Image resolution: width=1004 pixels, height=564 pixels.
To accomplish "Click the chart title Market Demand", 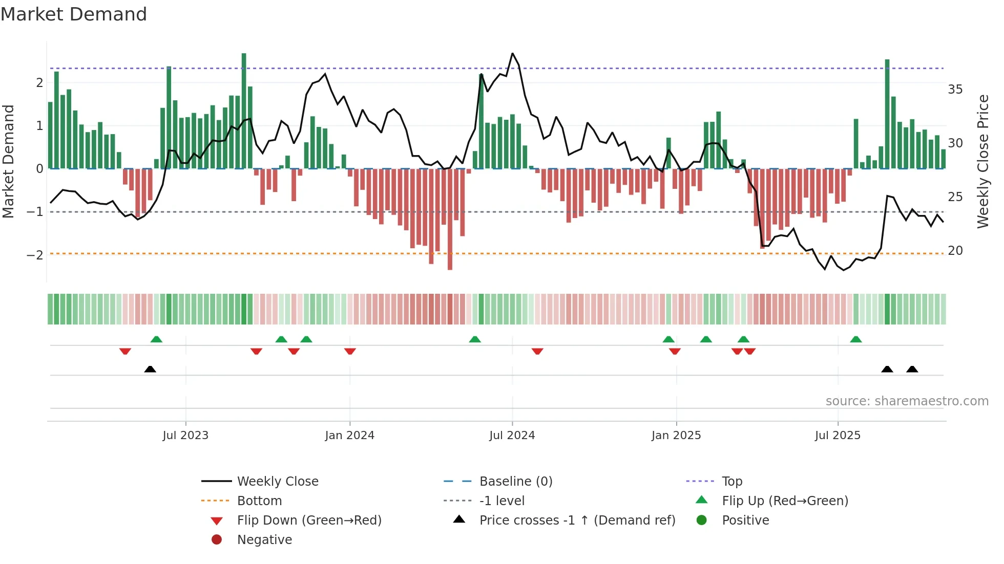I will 74,14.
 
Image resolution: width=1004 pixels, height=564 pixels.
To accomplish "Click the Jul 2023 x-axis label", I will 185,436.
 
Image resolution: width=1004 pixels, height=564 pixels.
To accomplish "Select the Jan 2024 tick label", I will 349,436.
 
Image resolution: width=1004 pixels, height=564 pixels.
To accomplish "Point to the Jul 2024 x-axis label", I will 512,436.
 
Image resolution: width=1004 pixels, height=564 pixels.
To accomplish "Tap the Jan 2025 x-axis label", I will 676,436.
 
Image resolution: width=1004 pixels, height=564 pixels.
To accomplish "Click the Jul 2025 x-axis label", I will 838,436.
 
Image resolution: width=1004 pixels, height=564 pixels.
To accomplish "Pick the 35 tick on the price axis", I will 955,90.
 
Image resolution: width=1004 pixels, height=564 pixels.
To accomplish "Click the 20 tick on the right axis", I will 955,251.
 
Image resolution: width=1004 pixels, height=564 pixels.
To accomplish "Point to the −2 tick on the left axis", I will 35,255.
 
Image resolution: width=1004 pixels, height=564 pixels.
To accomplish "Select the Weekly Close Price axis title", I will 982,161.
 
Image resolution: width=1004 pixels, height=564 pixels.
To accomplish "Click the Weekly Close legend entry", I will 277,482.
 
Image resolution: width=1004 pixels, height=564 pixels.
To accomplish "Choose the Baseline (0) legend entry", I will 515,482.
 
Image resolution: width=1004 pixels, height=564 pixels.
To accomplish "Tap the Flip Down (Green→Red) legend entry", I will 309,520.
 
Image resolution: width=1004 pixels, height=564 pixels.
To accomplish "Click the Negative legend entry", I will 264,540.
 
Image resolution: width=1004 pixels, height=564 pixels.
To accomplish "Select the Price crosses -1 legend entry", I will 577,520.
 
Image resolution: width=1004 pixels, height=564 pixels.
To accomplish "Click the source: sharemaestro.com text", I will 907,401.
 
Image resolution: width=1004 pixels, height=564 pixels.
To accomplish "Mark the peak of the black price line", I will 512,53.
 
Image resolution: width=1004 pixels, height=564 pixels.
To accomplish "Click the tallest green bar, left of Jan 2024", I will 244,110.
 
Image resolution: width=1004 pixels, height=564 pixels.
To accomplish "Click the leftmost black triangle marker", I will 150,369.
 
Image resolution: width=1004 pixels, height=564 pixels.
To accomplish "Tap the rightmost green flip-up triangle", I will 855,339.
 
